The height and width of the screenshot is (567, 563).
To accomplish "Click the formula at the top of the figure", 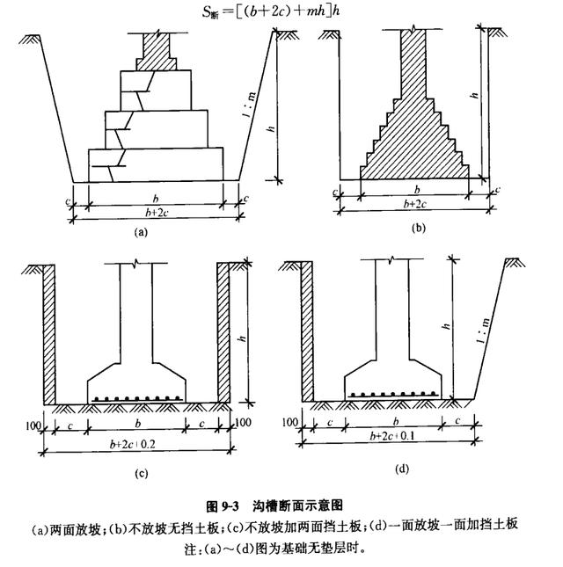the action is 271,11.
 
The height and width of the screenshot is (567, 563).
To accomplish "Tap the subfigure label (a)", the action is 141,232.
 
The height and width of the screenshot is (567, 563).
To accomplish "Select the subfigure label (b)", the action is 419,228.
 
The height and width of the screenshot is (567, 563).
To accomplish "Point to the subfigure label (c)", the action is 141,474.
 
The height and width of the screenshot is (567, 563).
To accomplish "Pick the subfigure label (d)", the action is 402,469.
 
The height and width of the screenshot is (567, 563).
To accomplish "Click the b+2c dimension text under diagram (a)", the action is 157,213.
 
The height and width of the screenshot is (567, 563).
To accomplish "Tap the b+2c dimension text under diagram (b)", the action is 415,204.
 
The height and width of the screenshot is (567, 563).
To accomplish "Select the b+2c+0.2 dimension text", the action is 133,444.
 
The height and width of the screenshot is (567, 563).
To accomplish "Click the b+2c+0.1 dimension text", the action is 392,436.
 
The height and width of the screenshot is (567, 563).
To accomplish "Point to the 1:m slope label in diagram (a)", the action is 250,105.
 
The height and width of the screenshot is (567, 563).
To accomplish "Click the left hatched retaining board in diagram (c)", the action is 49,335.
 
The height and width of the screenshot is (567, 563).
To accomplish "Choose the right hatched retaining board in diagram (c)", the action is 223,332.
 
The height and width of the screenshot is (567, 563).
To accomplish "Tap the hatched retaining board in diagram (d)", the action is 307,331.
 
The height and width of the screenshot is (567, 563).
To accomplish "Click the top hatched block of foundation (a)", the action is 157,52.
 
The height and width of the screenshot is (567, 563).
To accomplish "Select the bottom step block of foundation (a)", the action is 156,164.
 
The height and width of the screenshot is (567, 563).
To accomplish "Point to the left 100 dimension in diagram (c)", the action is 33,426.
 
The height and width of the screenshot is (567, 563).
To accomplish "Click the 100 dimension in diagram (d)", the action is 290,422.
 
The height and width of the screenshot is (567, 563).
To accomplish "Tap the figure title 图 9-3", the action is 223,505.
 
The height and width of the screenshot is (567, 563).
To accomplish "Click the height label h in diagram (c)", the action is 242,338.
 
